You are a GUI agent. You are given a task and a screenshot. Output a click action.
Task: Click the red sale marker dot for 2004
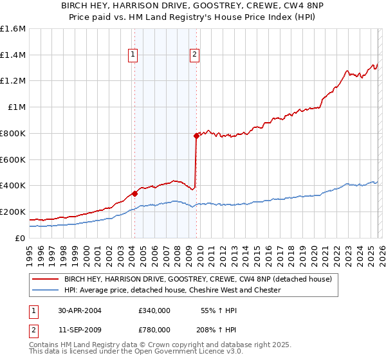[x=134, y=193]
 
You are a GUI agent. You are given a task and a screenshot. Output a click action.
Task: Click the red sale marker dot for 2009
[x=196, y=136]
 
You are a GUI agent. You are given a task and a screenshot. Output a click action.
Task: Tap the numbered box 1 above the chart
[x=133, y=55]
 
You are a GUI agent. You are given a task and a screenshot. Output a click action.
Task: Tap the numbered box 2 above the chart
[x=194, y=55]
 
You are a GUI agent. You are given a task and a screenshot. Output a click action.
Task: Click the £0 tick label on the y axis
[x=21, y=238]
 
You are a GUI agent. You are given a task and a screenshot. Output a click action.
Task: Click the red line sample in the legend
[x=45, y=280]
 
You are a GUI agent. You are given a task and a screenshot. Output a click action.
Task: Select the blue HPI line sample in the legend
[x=45, y=291]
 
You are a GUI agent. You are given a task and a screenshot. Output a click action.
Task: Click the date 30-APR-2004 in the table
[x=80, y=310]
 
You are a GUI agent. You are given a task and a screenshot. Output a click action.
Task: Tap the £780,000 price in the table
[x=154, y=329]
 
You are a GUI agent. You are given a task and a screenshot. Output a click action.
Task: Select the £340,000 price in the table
[x=154, y=310]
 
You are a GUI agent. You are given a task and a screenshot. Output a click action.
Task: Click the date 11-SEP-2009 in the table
[x=80, y=329]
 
